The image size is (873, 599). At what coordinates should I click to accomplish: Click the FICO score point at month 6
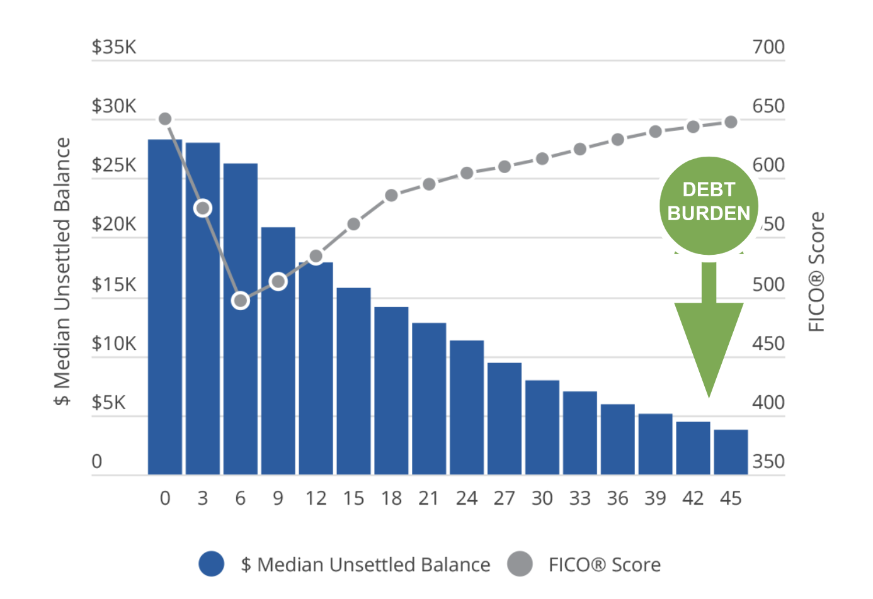point(240,301)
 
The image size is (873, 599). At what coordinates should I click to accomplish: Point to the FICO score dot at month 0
point(165,119)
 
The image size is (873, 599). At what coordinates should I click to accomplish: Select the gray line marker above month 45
point(731,122)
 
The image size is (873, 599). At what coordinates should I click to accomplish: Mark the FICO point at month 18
point(391,195)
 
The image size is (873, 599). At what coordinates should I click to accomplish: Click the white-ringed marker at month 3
point(203,208)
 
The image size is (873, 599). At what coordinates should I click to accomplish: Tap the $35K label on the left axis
point(114,47)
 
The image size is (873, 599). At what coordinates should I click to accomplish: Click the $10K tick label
point(114,344)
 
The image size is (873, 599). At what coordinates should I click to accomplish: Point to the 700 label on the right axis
point(768,47)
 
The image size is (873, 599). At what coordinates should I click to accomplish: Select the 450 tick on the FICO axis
point(768,344)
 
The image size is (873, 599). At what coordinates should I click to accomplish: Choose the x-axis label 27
point(504,498)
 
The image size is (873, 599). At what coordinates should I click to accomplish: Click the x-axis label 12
point(316,498)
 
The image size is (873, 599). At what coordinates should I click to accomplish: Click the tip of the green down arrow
point(709,395)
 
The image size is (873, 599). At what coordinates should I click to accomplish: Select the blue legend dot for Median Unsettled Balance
point(212,564)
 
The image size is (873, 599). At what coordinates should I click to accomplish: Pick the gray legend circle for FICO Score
point(520,564)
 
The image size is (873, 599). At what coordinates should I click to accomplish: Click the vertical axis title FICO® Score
point(816,272)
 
